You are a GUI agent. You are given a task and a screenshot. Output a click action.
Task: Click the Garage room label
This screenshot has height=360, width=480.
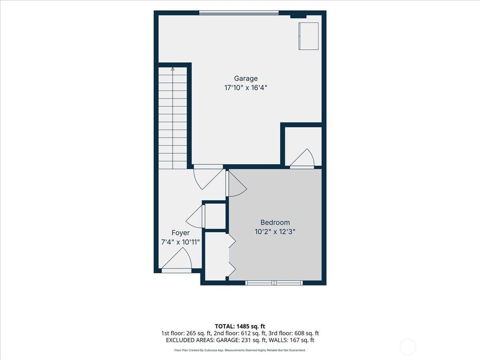(246, 79)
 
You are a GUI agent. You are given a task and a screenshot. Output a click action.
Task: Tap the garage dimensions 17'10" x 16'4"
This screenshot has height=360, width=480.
(246, 88)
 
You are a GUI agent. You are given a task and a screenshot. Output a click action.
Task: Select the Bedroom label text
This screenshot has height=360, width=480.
(275, 223)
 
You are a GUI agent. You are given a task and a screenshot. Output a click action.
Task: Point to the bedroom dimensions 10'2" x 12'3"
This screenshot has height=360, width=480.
(275, 232)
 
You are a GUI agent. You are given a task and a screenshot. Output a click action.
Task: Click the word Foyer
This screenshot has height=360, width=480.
(180, 233)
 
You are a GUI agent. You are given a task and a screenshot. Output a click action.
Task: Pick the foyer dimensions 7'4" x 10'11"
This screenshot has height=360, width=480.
(180, 242)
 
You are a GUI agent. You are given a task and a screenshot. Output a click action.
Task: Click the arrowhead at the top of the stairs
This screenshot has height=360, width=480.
(172, 69)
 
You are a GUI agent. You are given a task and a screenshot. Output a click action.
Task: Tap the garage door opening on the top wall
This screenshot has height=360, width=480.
(239, 13)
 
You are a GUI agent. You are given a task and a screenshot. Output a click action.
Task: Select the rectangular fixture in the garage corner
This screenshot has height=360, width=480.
(308, 36)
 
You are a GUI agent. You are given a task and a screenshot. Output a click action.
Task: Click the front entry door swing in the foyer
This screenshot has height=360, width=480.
(177, 260)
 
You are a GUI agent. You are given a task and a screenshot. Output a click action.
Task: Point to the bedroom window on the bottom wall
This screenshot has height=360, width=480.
(274, 283)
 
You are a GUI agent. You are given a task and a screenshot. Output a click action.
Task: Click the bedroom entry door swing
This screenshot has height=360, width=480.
(236, 184)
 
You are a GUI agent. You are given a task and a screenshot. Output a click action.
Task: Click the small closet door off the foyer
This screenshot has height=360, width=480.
(195, 217)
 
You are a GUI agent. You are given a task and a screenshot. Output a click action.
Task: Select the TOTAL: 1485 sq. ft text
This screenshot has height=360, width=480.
(240, 326)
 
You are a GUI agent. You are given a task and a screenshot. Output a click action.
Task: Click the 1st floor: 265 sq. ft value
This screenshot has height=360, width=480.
(186, 333)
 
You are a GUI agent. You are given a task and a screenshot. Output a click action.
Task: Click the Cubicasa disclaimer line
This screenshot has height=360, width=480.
(240, 350)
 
